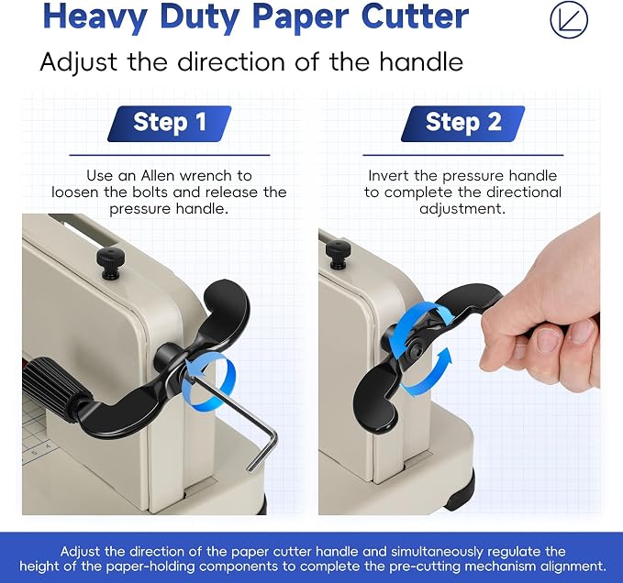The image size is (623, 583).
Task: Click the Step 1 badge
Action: (x=170, y=124)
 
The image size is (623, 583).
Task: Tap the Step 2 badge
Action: (x=462, y=124)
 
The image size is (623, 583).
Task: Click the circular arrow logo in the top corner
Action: (x=569, y=19)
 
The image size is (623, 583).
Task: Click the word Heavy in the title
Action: (x=95, y=17)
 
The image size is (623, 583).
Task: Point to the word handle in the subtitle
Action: (x=421, y=61)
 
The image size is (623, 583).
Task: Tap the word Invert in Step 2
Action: (x=389, y=175)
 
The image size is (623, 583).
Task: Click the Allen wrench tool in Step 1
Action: (x=238, y=421)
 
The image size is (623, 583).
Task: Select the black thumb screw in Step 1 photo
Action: (x=110, y=263)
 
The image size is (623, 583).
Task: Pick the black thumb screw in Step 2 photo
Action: (x=339, y=254)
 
